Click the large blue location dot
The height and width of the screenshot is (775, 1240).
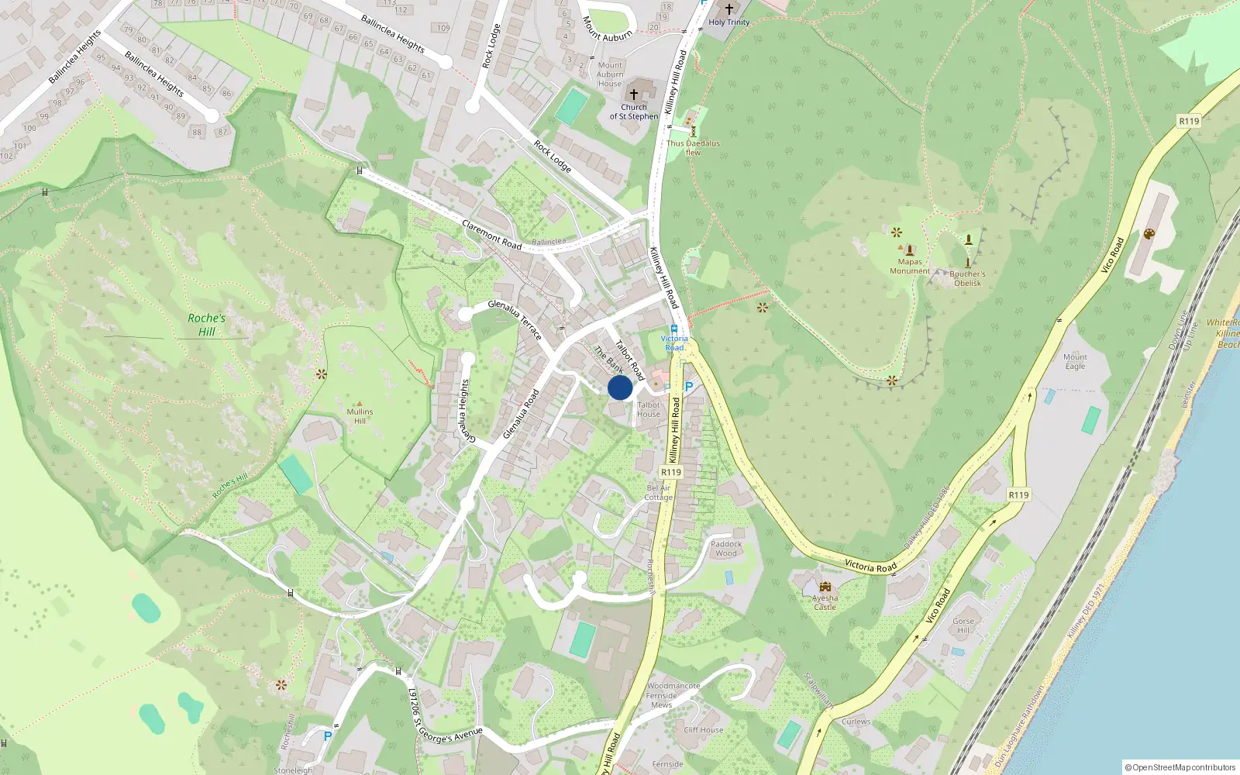620,387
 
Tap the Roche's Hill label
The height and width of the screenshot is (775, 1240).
206,325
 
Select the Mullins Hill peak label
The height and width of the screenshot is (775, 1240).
360,416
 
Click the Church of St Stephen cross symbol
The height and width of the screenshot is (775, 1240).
634,94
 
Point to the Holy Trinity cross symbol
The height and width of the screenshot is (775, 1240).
728,9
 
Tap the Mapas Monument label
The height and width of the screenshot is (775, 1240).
910,267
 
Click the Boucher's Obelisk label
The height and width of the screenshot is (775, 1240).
967,278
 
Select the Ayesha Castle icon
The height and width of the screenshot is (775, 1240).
825,587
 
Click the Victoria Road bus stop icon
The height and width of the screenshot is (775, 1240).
674,329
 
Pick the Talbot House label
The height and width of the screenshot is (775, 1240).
649,409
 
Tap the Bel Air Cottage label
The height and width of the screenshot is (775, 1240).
659,493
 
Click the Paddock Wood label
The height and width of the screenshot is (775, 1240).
726,549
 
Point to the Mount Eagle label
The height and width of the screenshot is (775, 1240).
1075,361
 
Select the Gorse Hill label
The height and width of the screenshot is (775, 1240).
963,625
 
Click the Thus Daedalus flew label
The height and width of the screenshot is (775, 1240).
693,147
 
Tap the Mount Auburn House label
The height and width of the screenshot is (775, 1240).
610,74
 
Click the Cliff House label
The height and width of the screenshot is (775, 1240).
704,730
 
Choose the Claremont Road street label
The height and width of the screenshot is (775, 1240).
492,235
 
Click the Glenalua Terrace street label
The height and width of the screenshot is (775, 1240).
515,319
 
